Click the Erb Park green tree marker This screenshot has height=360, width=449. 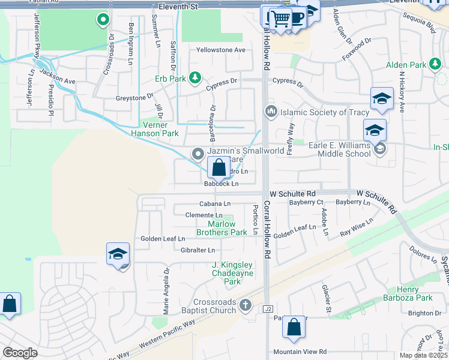click(x=194, y=77)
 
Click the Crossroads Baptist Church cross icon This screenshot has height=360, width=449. click(x=244, y=305)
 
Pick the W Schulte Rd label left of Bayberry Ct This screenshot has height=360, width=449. click(x=292, y=194)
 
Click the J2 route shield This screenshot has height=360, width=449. click(x=268, y=308)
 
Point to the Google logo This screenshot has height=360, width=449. click(x=20, y=353)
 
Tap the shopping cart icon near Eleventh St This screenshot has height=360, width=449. click(x=279, y=18)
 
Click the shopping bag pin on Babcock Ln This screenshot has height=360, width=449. click(x=220, y=169)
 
